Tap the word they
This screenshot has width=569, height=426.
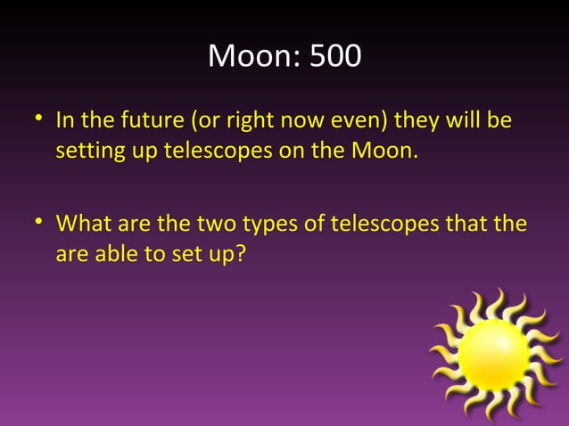(x=393, y=119)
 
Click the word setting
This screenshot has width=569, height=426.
(x=85, y=150)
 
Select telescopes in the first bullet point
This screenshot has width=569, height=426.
(x=216, y=150)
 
